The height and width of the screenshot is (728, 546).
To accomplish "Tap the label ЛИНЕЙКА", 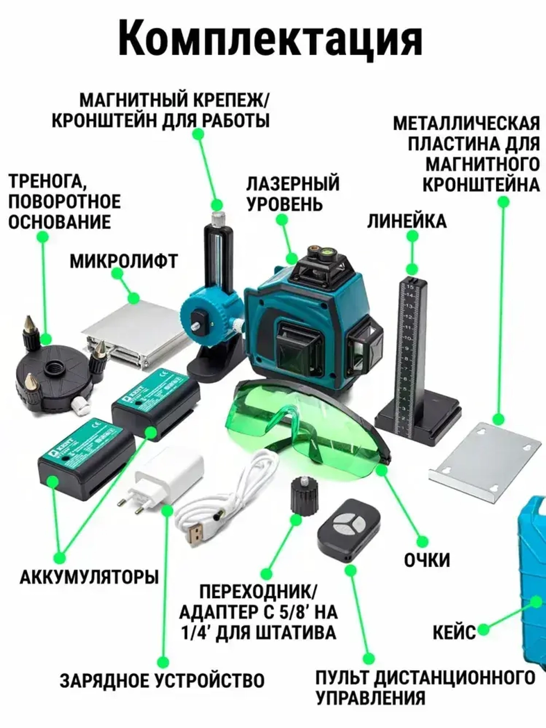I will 406,221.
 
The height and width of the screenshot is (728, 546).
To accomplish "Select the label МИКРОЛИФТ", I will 123,261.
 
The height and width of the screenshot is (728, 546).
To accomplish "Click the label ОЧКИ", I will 427,560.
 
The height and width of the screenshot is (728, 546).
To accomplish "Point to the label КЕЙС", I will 454,632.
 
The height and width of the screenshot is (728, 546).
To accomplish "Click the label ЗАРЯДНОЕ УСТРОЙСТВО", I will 162,680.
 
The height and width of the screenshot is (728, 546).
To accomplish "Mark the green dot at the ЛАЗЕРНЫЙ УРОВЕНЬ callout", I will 282,219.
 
